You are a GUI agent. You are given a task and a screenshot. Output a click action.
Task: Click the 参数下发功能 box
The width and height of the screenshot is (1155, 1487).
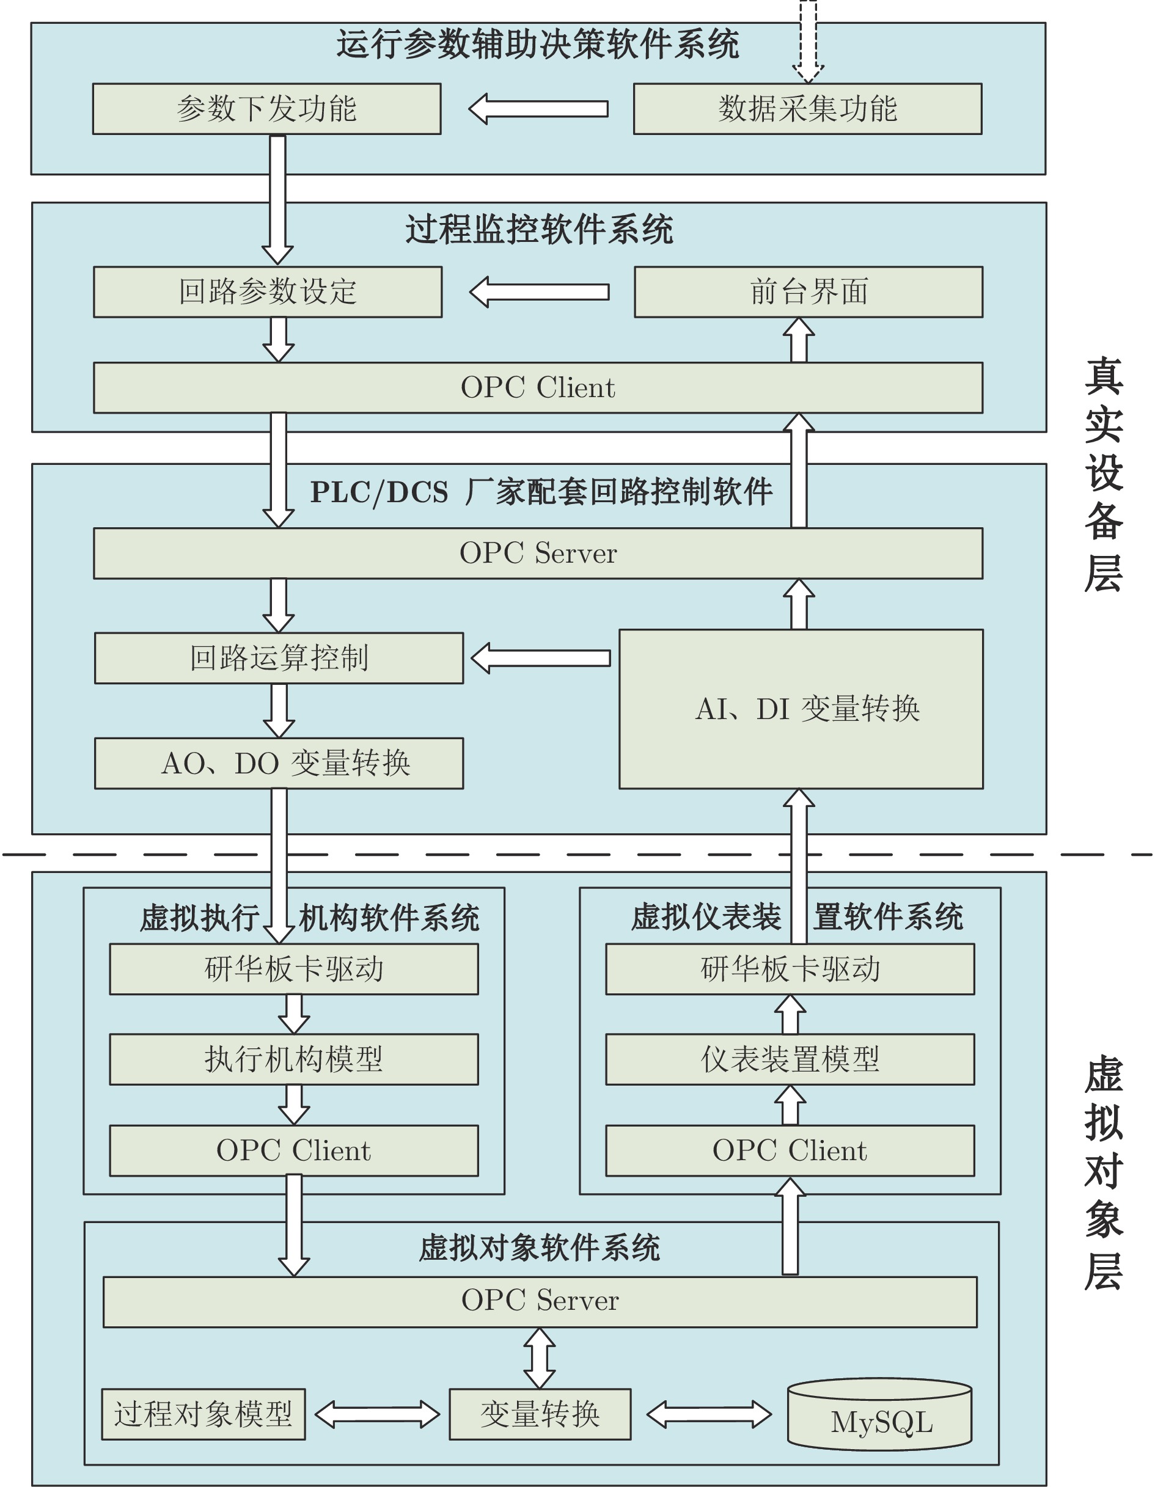266,109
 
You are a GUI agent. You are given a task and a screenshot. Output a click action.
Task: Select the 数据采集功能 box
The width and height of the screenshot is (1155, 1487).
808,109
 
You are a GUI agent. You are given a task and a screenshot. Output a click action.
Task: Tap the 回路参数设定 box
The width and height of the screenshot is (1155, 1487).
268,292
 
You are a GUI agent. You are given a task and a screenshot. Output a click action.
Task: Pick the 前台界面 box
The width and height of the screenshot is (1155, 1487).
809,292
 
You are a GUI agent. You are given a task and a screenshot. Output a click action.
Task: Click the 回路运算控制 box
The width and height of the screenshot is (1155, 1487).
279,659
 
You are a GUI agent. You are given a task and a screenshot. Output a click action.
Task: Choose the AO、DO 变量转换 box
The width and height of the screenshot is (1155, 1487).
279,763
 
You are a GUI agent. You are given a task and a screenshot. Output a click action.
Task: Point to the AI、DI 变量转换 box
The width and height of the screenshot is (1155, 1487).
801,709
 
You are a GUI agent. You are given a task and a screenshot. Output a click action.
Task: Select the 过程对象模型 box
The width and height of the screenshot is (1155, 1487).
204,1414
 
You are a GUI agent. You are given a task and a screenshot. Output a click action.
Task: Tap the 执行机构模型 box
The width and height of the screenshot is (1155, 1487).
293,1059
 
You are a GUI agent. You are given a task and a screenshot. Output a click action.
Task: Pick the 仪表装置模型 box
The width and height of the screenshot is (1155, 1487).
790,1059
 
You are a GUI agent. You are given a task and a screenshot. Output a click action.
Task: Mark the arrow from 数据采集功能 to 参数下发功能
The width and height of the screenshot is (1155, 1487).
538,109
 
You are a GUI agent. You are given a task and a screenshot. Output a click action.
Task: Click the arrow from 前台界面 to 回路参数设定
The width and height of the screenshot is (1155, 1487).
538,292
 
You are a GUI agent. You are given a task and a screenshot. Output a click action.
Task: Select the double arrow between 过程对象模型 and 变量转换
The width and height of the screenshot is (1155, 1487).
377,1414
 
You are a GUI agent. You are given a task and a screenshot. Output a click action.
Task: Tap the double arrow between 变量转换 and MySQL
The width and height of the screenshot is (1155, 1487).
709,1414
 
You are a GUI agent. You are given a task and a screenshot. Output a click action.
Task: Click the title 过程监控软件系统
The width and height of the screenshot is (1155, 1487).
540,230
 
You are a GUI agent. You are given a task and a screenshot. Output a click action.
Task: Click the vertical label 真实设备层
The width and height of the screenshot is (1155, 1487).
1103,475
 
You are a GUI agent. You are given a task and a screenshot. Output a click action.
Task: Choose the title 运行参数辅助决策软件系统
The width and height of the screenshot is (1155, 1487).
538,44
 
